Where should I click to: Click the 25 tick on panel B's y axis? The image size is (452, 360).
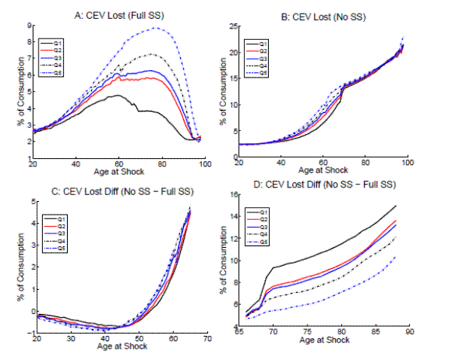231,26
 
